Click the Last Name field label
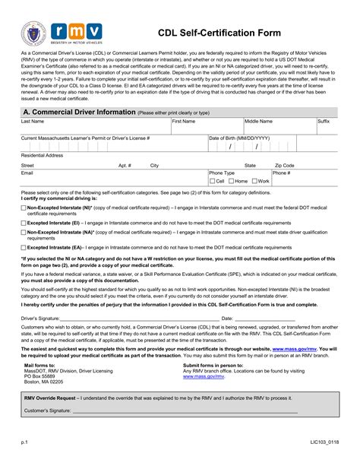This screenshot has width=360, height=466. tap(33, 121)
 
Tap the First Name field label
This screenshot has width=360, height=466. tap(184, 121)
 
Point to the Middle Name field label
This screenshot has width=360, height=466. tap(258, 121)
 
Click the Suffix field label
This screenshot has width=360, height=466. tap(324, 121)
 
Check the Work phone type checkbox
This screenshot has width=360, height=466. tap(254, 181)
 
